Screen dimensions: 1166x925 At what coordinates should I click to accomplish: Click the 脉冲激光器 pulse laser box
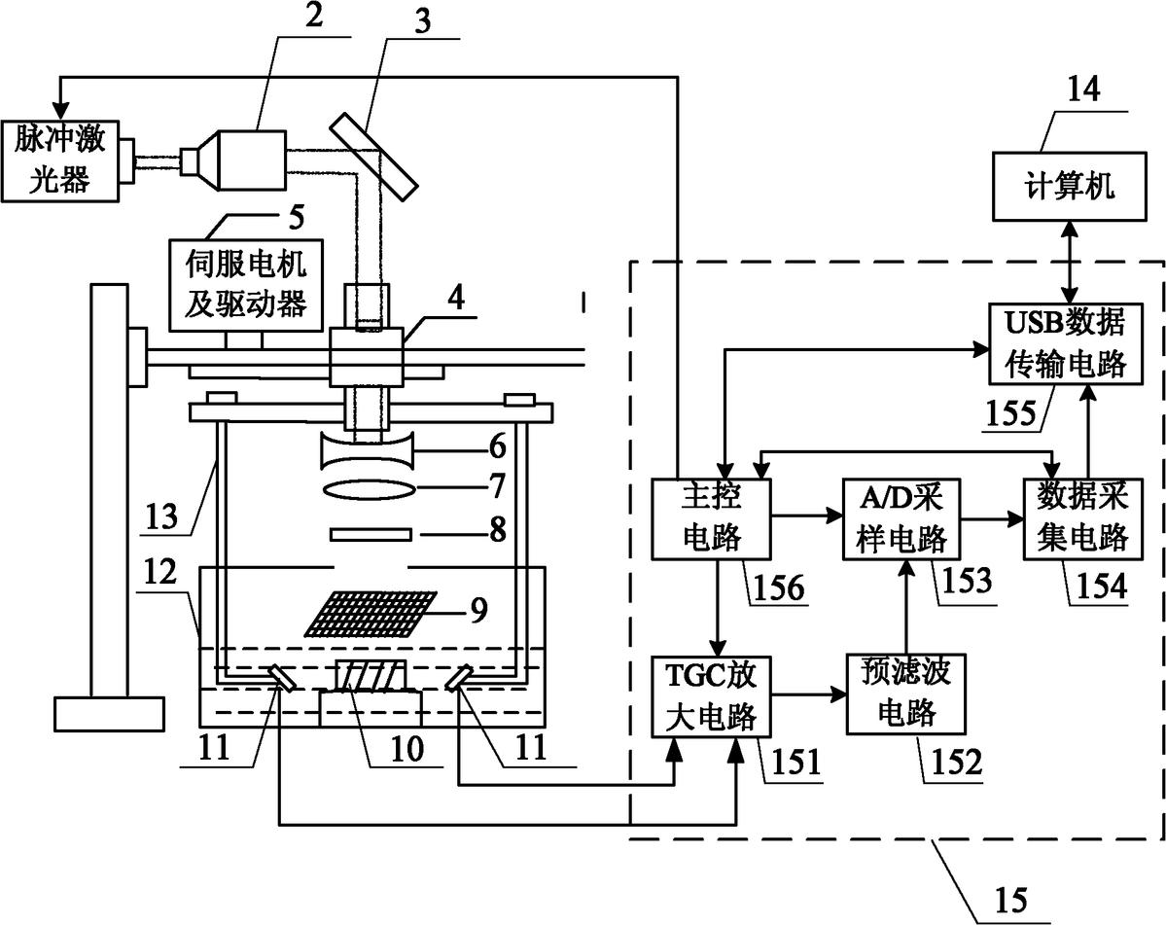coord(59,160)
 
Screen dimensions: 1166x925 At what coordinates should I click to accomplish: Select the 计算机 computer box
coord(1069,186)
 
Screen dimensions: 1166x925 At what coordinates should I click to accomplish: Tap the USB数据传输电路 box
coord(1065,343)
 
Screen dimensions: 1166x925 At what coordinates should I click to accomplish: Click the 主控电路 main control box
coord(712,518)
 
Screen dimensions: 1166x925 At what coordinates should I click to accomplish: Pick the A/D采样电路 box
coord(901,519)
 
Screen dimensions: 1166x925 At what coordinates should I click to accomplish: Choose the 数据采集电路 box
coord(1082,519)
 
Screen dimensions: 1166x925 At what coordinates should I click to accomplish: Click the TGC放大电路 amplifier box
coord(712,696)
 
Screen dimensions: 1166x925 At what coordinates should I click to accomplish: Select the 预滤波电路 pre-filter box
coord(905,694)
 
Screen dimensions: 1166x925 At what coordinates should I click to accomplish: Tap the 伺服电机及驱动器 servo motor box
coord(246,285)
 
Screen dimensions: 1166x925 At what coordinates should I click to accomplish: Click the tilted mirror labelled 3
coord(371,156)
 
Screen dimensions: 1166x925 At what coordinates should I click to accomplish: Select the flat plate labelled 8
coord(371,535)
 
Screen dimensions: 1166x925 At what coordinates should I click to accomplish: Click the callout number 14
coord(1083,90)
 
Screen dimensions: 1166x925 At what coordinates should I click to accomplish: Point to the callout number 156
coord(779,587)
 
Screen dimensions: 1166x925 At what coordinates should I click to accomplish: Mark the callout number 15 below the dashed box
coord(1010,900)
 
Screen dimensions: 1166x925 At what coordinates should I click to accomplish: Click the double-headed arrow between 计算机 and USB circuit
coord(1069,262)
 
